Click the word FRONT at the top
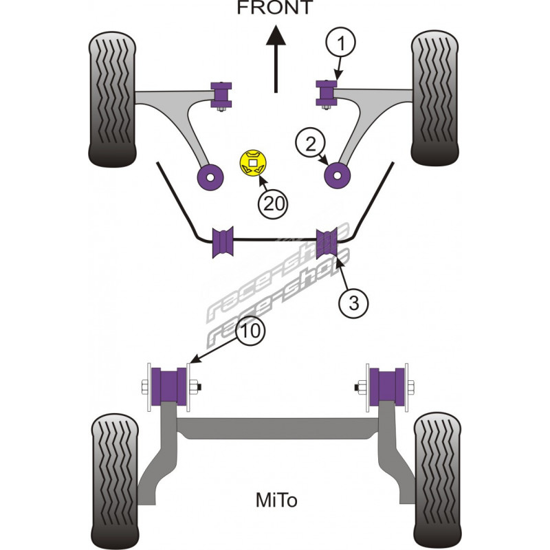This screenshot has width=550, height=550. tap(274, 8)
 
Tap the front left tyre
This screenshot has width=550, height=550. tap(113, 99)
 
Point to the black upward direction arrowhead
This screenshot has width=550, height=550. tap(276, 36)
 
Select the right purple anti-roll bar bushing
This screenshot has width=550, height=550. tap(327, 240)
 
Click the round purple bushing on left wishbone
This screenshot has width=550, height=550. tap(210, 176)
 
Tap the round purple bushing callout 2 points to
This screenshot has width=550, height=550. tap(338, 175)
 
